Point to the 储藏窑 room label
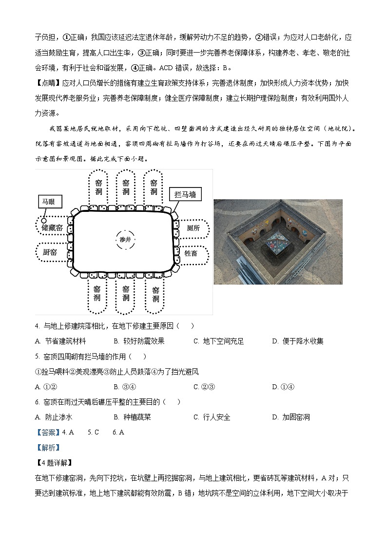tap(52, 227)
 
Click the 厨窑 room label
tap(50, 252)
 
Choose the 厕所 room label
tap(193, 228)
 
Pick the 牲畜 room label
tap(191, 253)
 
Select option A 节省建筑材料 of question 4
tap(61, 341)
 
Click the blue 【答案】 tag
tap(48, 432)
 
